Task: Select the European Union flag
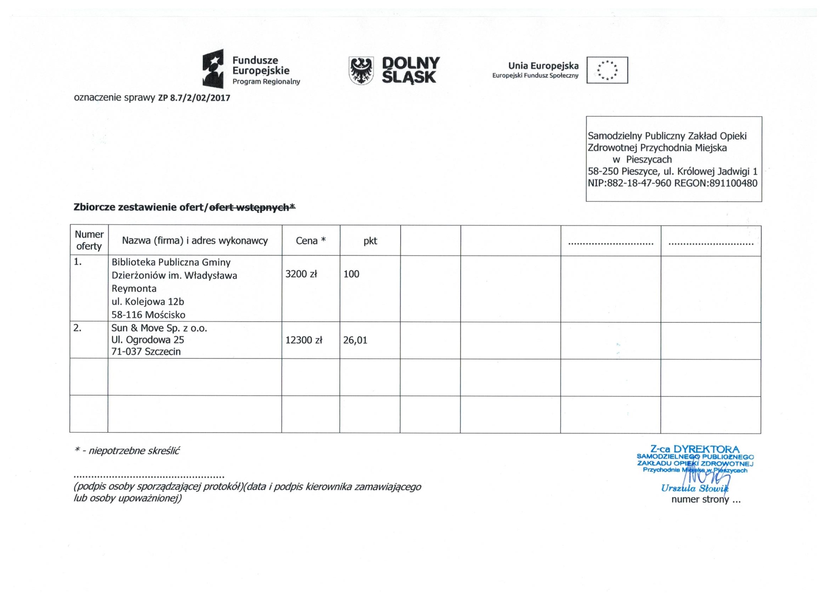pyautogui.click(x=607, y=70)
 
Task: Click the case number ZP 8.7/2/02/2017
pyautogui.click(x=194, y=98)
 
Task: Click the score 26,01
pyautogui.click(x=355, y=340)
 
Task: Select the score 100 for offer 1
pyautogui.click(x=351, y=274)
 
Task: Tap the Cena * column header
pyautogui.click(x=310, y=240)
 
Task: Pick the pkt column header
pyautogui.click(x=370, y=240)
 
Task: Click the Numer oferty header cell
pyautogui.click(x=89, y=240)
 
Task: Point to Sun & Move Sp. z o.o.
pyautogui.click(x=159, y=328)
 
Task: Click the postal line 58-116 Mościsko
pyautogui.click(x=149, y=315)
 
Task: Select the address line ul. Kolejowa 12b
pyautogui.click(x=148, y=302)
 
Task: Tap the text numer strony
pyautogui.click(x=700, y=499)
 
